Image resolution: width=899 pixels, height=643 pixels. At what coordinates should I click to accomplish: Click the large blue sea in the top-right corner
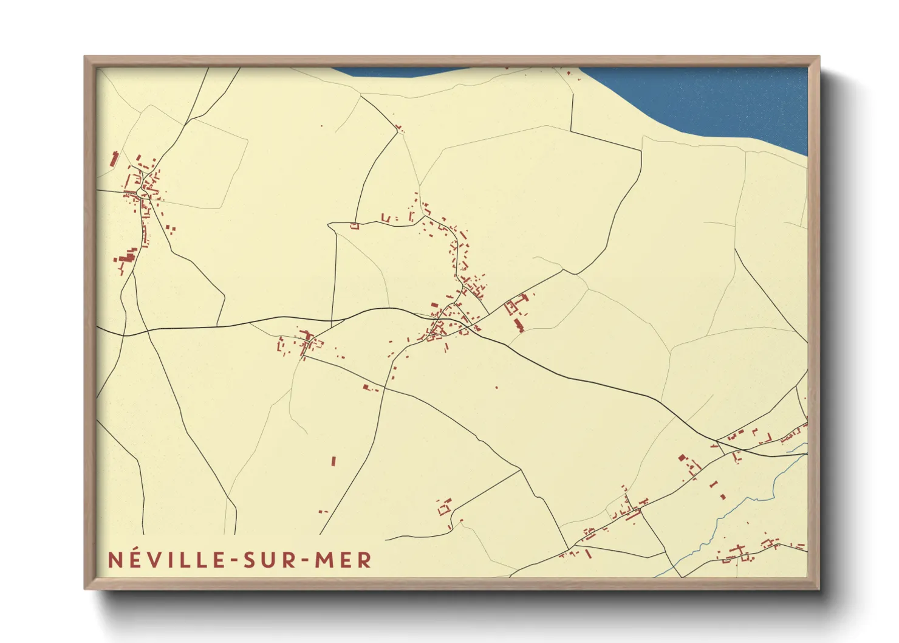729,97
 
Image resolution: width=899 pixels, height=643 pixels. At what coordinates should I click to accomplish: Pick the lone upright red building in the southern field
333,461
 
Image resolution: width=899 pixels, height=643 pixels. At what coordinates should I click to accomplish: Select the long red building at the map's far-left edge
114,159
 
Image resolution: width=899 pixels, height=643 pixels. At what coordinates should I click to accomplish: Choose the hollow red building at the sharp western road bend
355,227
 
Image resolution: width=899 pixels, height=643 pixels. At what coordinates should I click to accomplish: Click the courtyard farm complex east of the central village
516,304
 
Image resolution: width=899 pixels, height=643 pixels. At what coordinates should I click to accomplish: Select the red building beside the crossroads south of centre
366,387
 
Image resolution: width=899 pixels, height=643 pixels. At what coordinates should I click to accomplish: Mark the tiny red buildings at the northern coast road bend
399,128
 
